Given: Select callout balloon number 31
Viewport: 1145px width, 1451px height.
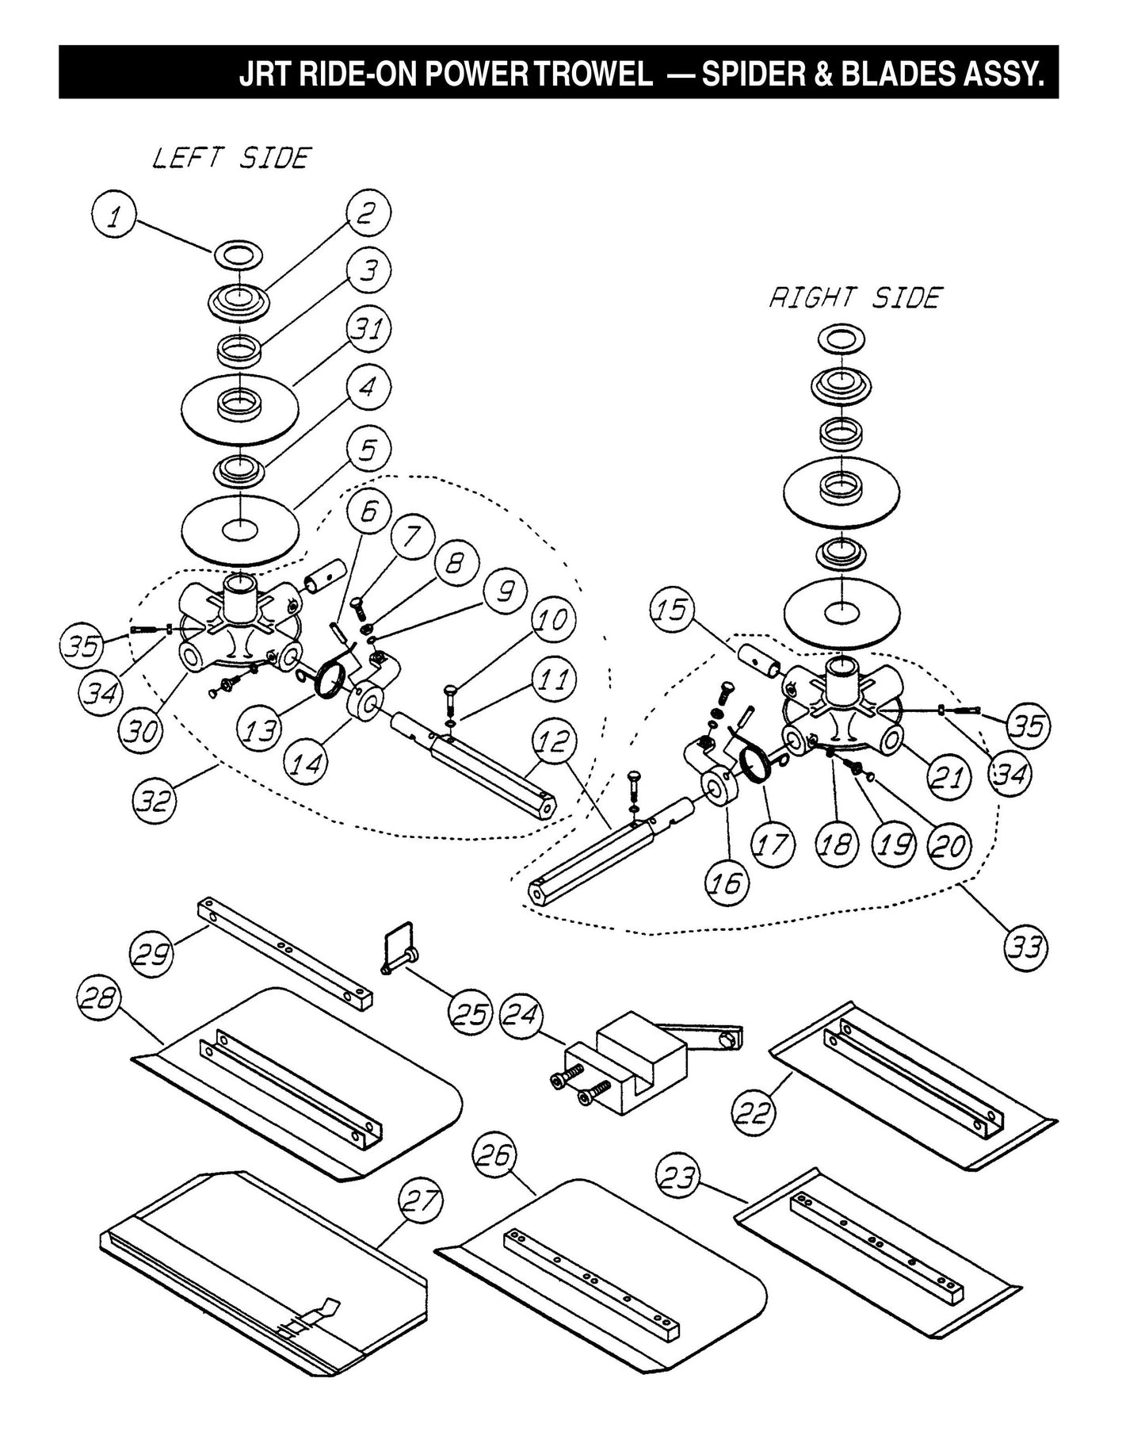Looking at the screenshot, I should click(x=368, y=329).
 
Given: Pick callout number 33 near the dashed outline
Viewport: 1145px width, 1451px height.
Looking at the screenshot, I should click(x=1027, y=947).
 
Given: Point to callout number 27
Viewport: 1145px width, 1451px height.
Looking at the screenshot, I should click(x=421, y=1202).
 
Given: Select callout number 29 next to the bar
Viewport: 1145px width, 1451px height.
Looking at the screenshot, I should click(x=153, y=954).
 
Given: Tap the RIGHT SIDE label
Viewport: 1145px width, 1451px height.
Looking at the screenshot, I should click(x=856, y=298).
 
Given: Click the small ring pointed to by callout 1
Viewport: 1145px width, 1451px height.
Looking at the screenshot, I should click(x=235, y=256).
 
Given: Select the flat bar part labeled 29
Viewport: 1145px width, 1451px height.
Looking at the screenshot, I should click(x=285, y=954).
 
